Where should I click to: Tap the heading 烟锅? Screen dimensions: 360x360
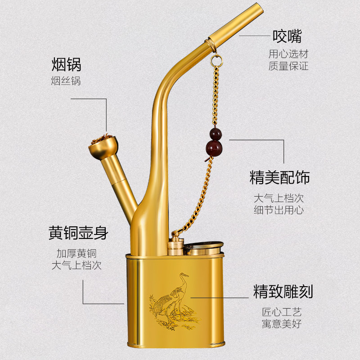pyautogui.click(x=66, y=65)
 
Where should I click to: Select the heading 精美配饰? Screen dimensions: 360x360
pyautogui.click(x=280, y=177)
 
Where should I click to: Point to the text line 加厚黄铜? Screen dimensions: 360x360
pyautogui.click(x=76, y=253)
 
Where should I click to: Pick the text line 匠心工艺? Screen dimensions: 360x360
pyautogui.click(x=282, y=311)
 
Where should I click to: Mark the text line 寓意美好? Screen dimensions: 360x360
pyautogui.click(x=282, y=323)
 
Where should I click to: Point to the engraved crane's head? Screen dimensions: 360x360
pyautogui.click(x=184, y=276)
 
